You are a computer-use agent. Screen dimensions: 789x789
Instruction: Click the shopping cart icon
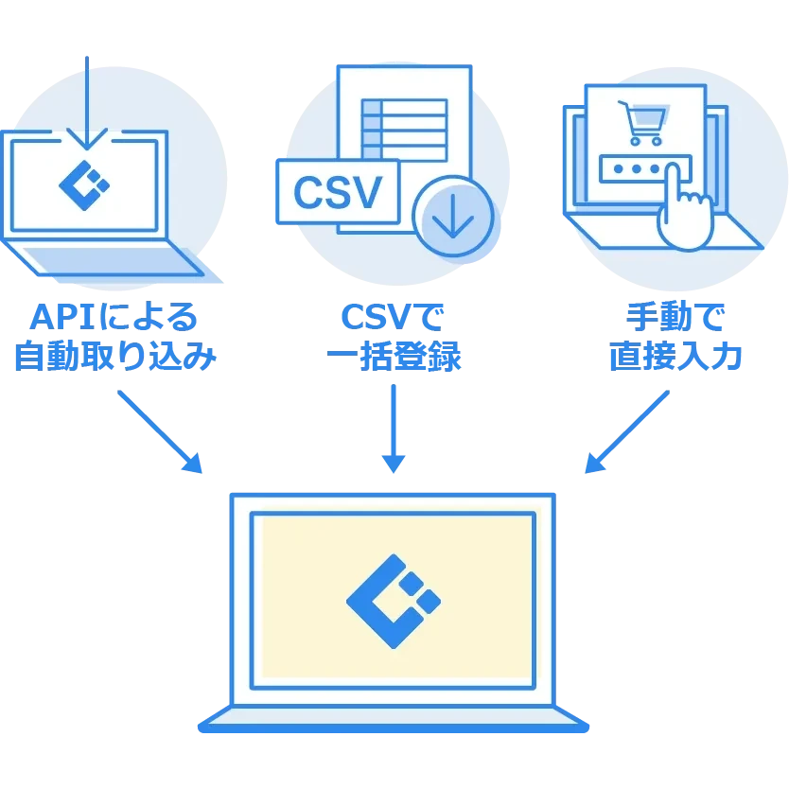(640, 122)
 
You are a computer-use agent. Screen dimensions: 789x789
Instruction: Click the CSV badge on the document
(338, 191)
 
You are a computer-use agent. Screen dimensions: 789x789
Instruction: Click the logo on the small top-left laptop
(83, 185)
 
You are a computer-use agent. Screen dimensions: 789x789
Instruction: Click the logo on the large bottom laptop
(393, 600)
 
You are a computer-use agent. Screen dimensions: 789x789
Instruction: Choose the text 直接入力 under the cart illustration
(673, 357)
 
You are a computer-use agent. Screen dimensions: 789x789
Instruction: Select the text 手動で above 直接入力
(674, 316)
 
